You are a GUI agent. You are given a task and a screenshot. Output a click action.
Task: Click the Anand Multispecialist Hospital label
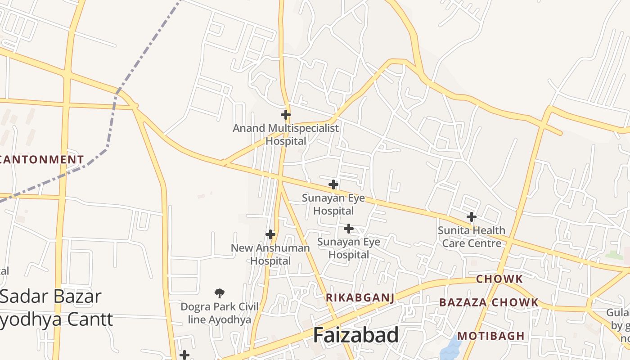coord(285,135)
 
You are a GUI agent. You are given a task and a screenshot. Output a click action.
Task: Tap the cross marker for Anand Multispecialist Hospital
coord(285,114)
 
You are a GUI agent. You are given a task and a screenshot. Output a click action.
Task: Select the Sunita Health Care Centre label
coord(472,237)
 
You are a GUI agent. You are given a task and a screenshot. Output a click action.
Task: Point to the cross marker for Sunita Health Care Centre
coord(471,217)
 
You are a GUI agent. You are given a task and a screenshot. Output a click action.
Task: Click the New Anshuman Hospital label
coord(270,254)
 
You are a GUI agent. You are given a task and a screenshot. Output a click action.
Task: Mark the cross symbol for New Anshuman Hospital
coord(270,234)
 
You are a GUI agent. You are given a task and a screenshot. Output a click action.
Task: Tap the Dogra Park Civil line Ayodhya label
coord(219,313)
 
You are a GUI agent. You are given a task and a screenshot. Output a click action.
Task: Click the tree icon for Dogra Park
coord(220,293)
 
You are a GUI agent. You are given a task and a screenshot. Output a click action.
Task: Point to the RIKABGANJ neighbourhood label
coord(360,297)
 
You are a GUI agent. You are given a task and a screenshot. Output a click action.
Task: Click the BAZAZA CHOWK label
coord(489,302)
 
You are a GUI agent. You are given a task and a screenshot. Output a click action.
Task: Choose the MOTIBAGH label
coord(491,336)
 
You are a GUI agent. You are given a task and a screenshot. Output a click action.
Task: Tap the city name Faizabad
coord(355,335)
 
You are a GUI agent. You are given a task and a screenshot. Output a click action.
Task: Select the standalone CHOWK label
coord(499,279)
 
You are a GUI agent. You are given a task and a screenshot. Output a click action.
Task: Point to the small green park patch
coord(614,255)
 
